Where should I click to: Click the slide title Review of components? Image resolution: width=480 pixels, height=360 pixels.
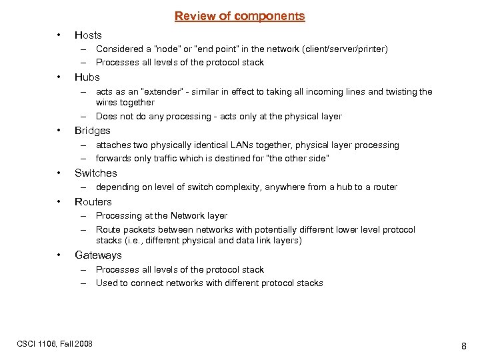[239, 16]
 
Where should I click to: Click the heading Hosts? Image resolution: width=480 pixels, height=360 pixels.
[88, 35]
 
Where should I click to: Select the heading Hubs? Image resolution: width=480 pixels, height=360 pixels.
[87, 77]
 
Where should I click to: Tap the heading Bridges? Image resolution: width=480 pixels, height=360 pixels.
[93, 131]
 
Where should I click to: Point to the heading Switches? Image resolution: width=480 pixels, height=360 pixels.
[95, 173]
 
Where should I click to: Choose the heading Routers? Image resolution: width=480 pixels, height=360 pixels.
[93, 202]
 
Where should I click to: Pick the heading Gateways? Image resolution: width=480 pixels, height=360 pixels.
[98, 255]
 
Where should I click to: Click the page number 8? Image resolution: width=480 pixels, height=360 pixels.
[463, 347]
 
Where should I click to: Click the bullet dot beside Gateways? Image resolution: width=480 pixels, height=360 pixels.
[59, 255]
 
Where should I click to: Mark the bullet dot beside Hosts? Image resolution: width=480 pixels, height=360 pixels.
[59, 35]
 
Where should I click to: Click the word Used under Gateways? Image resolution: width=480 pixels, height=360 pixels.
[107, 283]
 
